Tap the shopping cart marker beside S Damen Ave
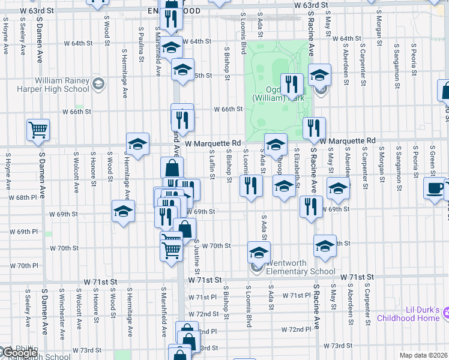[38, 130]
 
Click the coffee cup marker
[435, 188]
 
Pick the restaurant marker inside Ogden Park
[292, 85]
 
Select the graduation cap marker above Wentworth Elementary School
[259, 252]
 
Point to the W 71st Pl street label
[201, 297]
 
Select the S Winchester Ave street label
[61, 308]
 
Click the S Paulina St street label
[140, 44]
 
